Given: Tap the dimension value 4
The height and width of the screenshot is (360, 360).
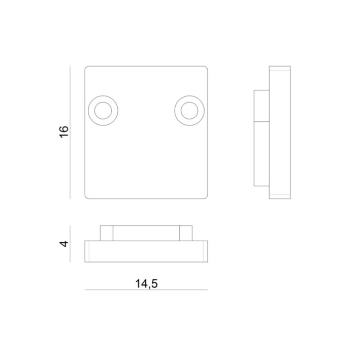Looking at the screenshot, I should [64, 244].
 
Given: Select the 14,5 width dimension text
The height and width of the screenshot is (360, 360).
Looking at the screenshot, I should [146, 283].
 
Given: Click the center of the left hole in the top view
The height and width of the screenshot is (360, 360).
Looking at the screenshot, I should [103, 110].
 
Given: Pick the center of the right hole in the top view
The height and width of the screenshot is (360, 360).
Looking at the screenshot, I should [189, 110].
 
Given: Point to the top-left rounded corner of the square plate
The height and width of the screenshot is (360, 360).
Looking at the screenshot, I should [87, 68].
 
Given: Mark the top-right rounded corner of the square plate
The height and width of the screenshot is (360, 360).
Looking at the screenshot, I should [206, 68].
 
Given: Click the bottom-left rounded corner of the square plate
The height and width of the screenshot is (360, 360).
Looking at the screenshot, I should [87, 197].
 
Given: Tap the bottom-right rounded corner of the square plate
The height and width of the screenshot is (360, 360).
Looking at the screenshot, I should [206, 197].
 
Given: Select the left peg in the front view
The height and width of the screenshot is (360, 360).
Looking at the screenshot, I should [106, 233].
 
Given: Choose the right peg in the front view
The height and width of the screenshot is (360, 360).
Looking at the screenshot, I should [186, 233].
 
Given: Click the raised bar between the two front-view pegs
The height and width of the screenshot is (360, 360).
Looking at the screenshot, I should [146, 233].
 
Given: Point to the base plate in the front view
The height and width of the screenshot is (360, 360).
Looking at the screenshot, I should [146, 252].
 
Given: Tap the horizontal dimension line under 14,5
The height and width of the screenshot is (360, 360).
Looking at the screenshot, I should [146, 290].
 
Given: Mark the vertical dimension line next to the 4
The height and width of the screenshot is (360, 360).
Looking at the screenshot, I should [70, 244].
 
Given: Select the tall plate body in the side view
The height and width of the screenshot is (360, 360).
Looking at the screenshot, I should [280, 132].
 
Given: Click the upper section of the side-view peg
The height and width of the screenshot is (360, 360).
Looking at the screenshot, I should [261, 106].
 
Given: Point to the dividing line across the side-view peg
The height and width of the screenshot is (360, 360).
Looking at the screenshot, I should [261, 122].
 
